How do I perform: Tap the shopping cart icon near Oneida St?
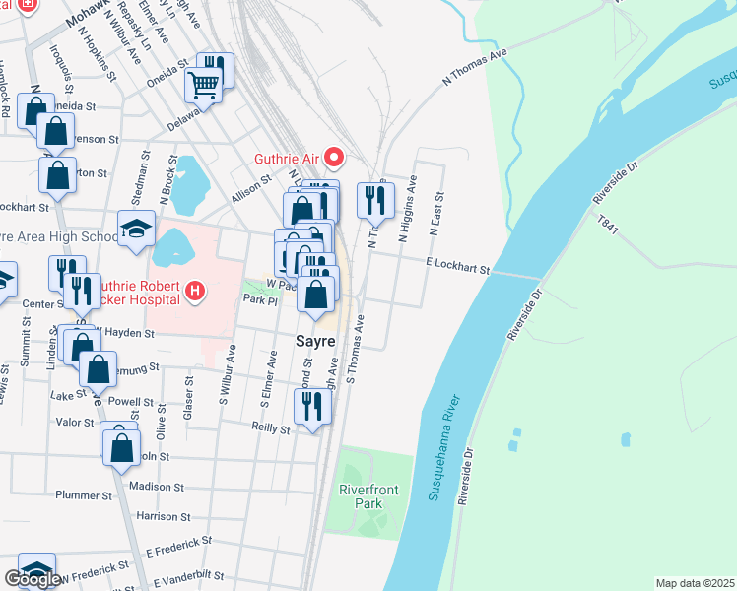[203, 85]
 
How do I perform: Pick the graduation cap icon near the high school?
[136, 230]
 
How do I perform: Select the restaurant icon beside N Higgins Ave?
[375, 201]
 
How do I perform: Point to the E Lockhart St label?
[457, 267]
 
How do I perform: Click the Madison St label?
[158, 487]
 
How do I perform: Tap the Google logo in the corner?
[33, 579]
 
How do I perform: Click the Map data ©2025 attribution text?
[696, 583]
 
